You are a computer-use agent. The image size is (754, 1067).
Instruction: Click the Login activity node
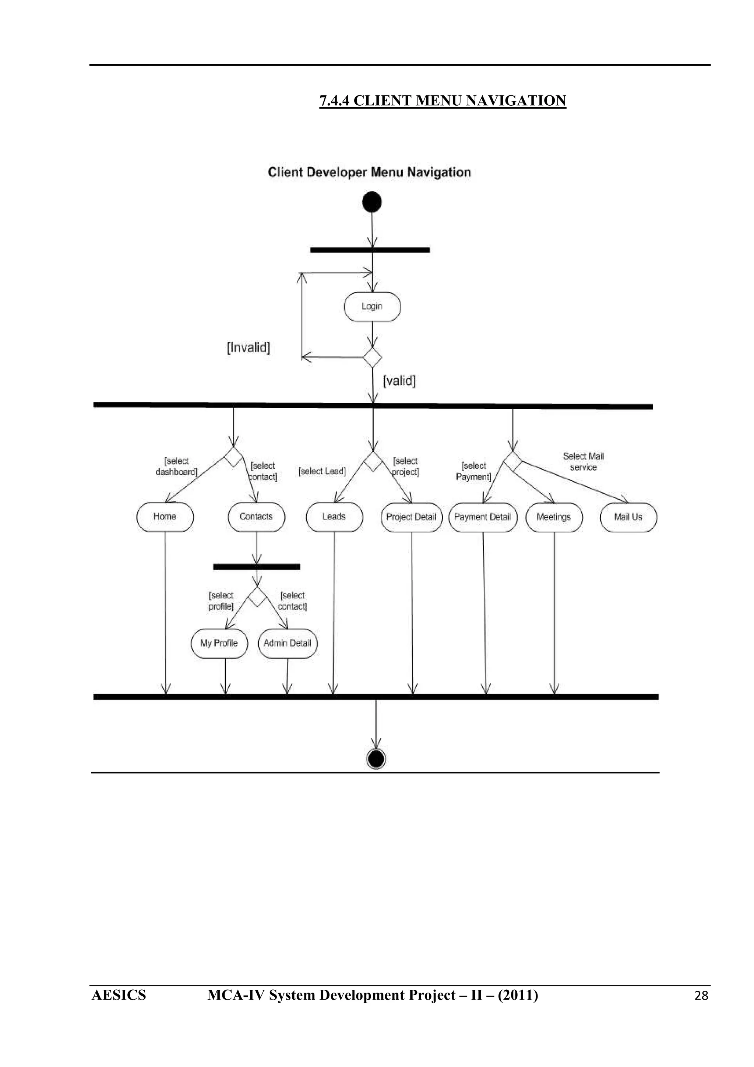(372, 307)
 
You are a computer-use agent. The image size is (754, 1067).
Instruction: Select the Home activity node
(165, 517)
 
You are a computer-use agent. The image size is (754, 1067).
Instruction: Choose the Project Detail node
(412, 517)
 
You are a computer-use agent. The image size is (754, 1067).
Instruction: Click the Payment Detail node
(483, 517)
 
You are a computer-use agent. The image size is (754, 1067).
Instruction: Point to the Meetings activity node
(554, 517)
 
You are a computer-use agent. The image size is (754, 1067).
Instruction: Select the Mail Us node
(628, 517)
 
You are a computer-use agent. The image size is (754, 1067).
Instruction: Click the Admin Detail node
(288, 643)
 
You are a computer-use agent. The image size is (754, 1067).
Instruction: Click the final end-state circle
(376, 759)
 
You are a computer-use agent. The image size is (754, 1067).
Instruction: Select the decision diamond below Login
(372, 358)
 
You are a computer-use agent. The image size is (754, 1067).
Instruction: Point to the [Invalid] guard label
(249, 348)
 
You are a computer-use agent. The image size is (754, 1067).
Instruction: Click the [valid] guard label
(399, 381)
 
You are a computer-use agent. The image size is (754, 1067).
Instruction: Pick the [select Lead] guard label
(322, 471)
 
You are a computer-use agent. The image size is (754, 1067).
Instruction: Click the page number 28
(701, 996)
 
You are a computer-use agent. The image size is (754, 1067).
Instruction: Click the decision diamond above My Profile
(257, 597)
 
